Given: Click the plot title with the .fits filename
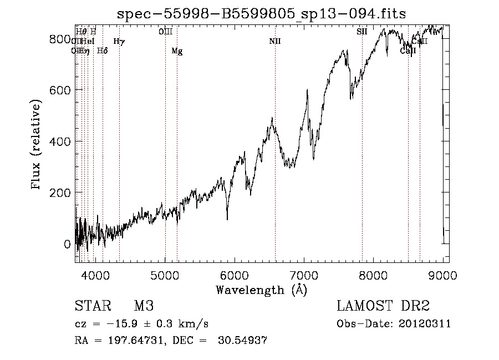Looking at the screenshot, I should [x=261, y=14].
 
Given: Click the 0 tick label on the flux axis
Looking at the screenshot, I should [x=68, y=244].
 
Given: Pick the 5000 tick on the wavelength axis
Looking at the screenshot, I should [x=165, y=274].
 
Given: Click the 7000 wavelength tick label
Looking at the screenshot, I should [x=304, y=274].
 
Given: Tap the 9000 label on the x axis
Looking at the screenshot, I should [x=442, y=274].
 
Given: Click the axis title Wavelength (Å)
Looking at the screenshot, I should [x=261, y=289].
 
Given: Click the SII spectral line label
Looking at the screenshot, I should [x=362, y=32].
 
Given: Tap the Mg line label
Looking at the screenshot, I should [x=177, y=50].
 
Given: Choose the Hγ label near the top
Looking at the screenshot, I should [x=119, y=41].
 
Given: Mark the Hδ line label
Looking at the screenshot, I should [x=102, y=50].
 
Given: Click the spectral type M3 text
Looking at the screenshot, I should [x=144, y=306].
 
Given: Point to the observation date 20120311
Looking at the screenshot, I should [x=427, y=324].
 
